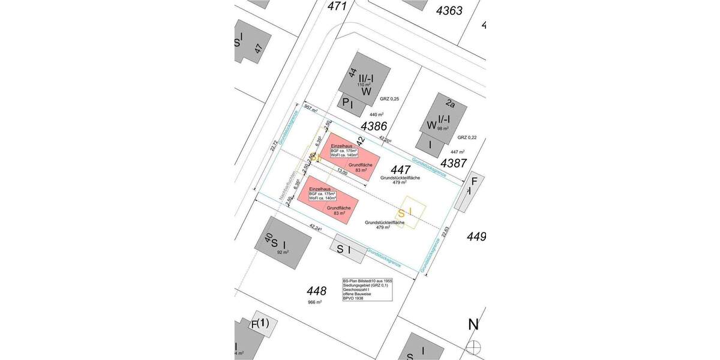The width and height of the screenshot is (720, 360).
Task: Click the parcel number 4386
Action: point(374,126)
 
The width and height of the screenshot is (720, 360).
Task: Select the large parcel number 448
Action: point(316,292)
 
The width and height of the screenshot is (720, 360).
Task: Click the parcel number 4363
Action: point(449,10)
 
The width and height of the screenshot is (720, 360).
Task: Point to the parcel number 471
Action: point(338,6)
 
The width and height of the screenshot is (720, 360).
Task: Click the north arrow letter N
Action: point(474,325)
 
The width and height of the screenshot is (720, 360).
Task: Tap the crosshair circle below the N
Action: point(475,347)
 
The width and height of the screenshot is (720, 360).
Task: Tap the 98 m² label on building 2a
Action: point(443,128)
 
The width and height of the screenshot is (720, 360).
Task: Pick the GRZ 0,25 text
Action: point(389,98)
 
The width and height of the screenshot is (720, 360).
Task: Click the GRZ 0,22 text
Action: point(466,137)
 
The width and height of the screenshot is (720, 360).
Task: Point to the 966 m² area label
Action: point(315,302)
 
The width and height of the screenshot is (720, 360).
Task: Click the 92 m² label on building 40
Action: point(283,253)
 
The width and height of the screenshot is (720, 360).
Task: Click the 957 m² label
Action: point(311,108)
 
